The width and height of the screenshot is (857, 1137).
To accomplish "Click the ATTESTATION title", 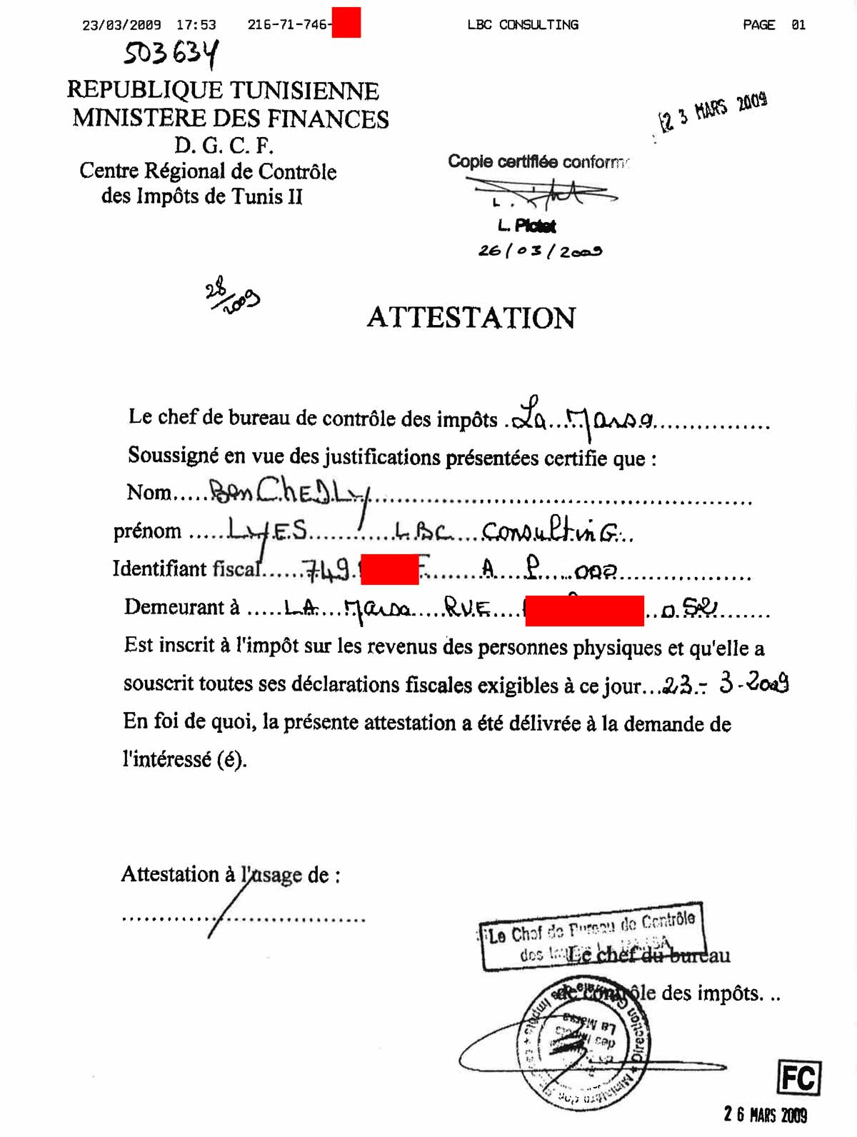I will click(x=471, y=318).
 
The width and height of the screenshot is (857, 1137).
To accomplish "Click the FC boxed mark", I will click(x=798, y=1078).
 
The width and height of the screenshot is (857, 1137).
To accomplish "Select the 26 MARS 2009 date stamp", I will click(x=765, y=1114).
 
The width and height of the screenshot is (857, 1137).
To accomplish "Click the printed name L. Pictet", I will click(x=527, y=226).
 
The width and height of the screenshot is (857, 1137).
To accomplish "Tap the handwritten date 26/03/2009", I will click(x=540, y=251).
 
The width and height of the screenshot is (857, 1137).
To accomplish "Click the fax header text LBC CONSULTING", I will click(x=523, y=25).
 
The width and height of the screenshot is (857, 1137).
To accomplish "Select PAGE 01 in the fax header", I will click(x=774, y=25).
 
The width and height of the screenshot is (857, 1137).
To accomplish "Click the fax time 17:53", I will click(x=196, y=25).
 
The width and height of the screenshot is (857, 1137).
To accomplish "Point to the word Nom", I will click(x=149, y=493).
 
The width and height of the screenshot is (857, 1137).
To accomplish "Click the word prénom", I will click(x=147, y=531).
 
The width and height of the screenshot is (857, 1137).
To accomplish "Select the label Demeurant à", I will click(x=181, y=607).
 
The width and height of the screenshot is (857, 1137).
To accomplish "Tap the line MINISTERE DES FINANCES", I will click(x=230, y=119).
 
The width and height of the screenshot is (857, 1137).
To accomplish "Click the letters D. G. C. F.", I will click(x=224, y=146).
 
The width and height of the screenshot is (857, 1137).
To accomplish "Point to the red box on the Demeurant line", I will click(x=584, y=611).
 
